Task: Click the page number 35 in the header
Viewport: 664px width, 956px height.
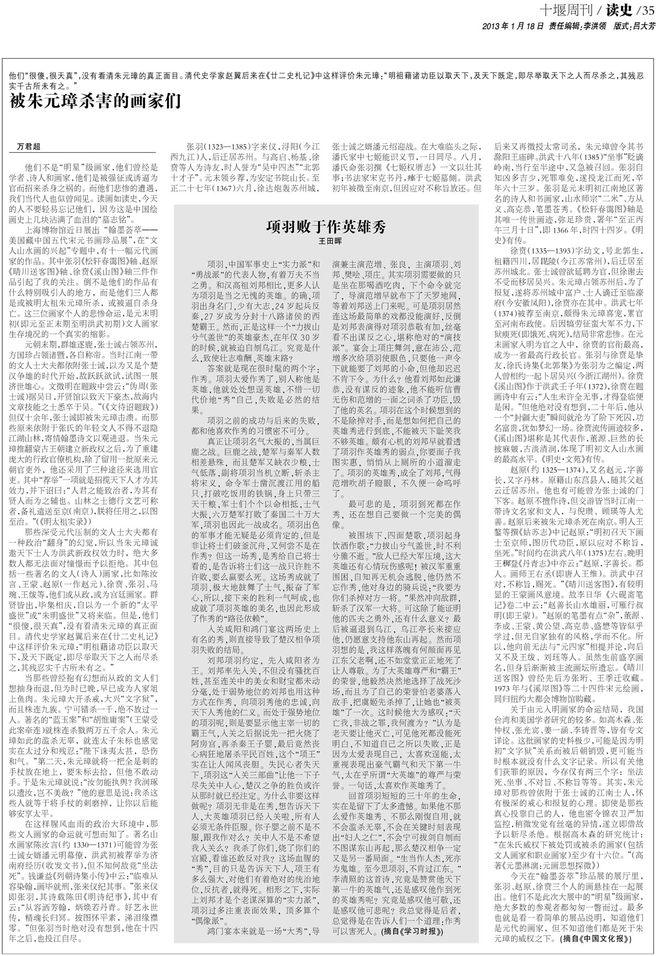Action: click(648, 9)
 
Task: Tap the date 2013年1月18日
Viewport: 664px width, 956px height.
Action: click(506, 25)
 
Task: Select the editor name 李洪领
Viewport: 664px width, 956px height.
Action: click(591, 25)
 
